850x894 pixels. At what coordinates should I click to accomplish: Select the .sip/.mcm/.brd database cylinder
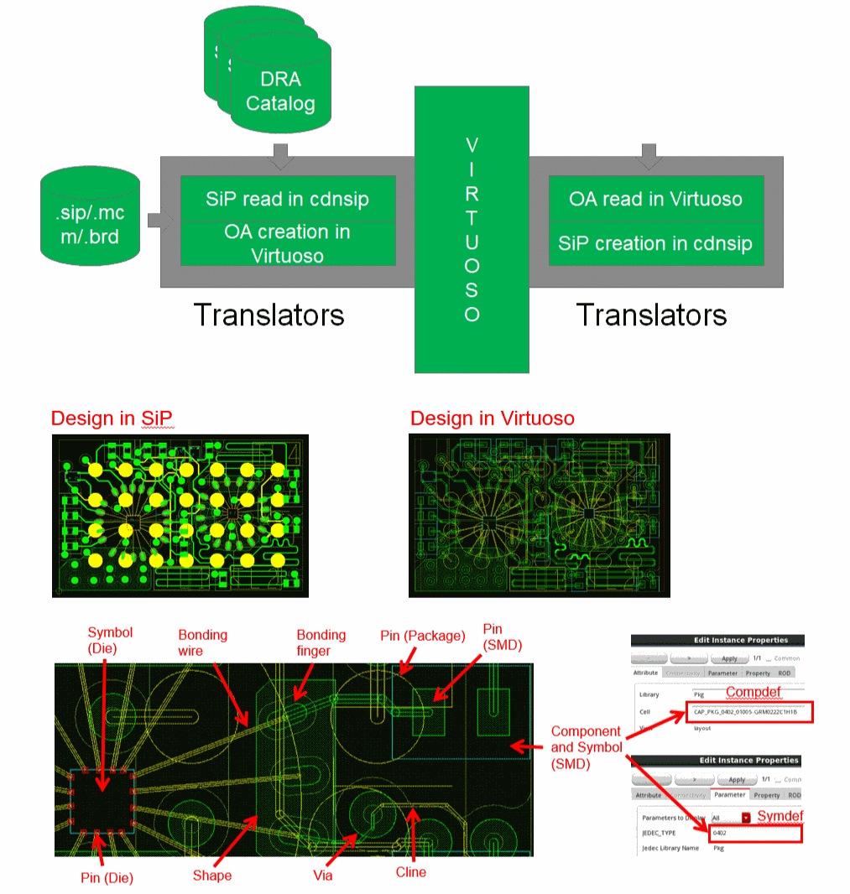(x=81, y=216)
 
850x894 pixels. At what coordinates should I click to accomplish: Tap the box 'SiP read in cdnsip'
(x=288, y=200)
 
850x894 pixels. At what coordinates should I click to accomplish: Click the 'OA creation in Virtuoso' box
(x=288, y=243)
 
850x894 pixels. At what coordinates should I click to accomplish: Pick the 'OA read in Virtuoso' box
(x=655, y=200)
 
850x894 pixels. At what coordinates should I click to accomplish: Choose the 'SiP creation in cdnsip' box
(x=655, y=244)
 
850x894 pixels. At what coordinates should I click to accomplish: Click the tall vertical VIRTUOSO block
(x=472, y=229)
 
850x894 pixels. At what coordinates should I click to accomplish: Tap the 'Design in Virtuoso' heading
(x=493, y=418)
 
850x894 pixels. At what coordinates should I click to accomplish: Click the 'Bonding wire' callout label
(x=203, y=643)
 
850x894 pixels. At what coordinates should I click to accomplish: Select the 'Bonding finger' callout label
(x=321, y=643)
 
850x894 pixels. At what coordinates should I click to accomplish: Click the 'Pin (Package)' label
(x=423, y=636)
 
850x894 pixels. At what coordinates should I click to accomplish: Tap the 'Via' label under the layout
(x=322, y=876)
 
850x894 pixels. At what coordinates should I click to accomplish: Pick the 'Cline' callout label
(x=410, y=872)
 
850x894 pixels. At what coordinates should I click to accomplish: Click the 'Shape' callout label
(x=211, y=876)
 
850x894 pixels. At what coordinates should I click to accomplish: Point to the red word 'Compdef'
(x=754, y=693)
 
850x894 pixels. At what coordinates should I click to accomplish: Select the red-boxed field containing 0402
(x=755, y=834)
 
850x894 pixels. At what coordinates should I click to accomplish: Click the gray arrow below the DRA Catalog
(x=281, y=153)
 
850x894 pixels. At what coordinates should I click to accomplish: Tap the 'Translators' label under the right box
(x=651, y=315)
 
